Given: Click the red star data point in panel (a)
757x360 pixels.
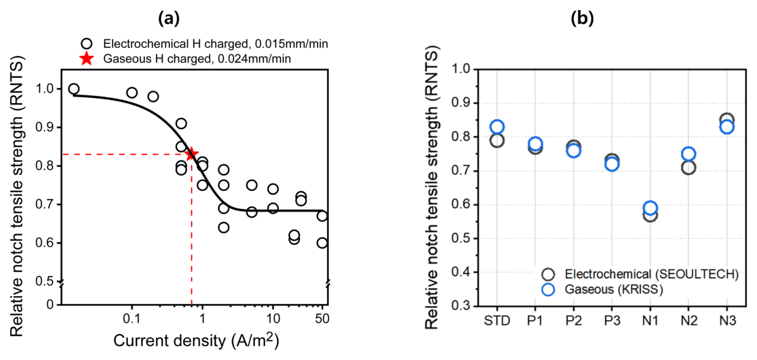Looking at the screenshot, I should (x=192, y=154).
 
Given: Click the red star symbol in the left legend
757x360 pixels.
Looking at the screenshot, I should (x=86, y=59).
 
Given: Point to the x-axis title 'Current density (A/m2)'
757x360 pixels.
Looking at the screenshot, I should (x=196, y=341).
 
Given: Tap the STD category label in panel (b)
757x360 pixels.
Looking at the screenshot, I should (x=497, y=320).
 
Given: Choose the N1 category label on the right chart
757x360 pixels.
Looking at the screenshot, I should (x=650, y=320).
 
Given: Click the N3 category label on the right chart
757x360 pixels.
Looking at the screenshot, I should (x=726, y=320).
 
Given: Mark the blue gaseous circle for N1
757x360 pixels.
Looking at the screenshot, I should (x=650, y=208).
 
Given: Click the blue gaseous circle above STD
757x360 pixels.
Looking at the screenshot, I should (x=497, y=126).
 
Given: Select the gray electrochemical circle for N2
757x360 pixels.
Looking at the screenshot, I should (x=688, y=167).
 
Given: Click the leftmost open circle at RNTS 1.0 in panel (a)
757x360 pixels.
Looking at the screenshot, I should (x=74, y=89).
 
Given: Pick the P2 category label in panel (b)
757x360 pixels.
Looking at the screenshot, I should (x=573, y=320).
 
